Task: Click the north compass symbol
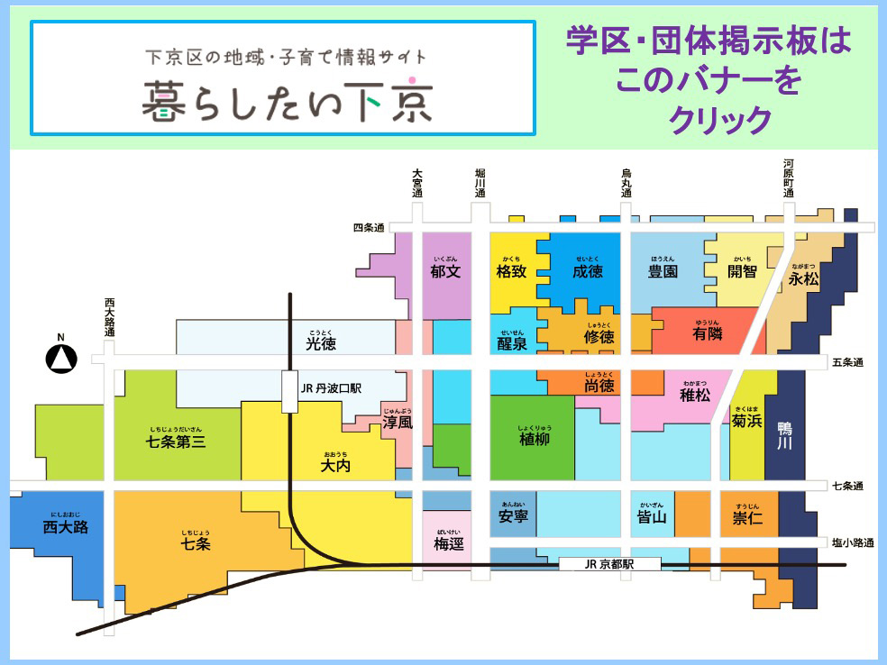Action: pos(61,358)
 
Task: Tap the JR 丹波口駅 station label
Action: pos(330,389)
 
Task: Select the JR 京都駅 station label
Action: pos(609,563)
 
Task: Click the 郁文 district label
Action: pos(445,270)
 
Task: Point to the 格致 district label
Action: pos(511,270)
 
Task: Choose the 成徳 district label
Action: pos(587,270)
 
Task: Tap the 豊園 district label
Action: pos(663,270)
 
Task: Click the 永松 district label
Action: pos(804,279)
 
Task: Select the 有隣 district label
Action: pos(708,333)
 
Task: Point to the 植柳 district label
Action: pos(534,438)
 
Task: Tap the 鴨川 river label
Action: pos(784,436)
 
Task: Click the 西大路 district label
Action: pos(66,527)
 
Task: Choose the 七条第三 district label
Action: pos(176,442)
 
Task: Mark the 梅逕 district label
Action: pos(448,544)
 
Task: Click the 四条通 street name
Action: pos(369,228)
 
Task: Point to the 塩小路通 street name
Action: pos(851,542)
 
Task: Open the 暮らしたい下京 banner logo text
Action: pos(287,101)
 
